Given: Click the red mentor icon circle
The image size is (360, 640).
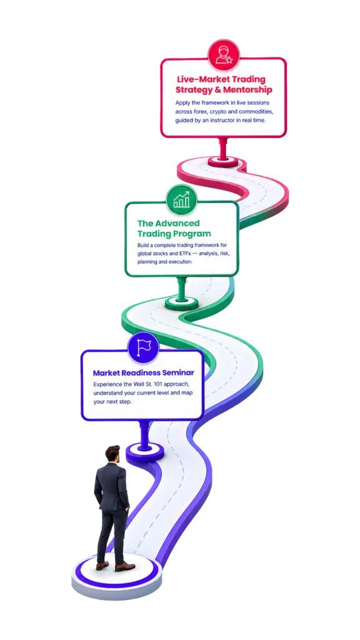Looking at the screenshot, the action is coord(224,55).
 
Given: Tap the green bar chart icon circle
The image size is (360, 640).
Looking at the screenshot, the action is coord(182,200).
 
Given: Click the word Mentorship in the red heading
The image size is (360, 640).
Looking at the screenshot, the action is coord(248,89).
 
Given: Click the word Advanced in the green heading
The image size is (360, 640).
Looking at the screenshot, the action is coord(179,223).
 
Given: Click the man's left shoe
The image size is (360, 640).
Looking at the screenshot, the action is coord(102,566).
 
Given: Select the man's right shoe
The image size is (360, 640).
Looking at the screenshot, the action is coord(124,567).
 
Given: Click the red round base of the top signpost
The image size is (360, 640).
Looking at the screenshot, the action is coord(223,162).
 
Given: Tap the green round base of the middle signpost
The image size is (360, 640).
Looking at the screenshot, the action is coord(182,303).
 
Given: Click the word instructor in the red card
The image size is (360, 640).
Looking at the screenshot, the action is coord(224,121).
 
